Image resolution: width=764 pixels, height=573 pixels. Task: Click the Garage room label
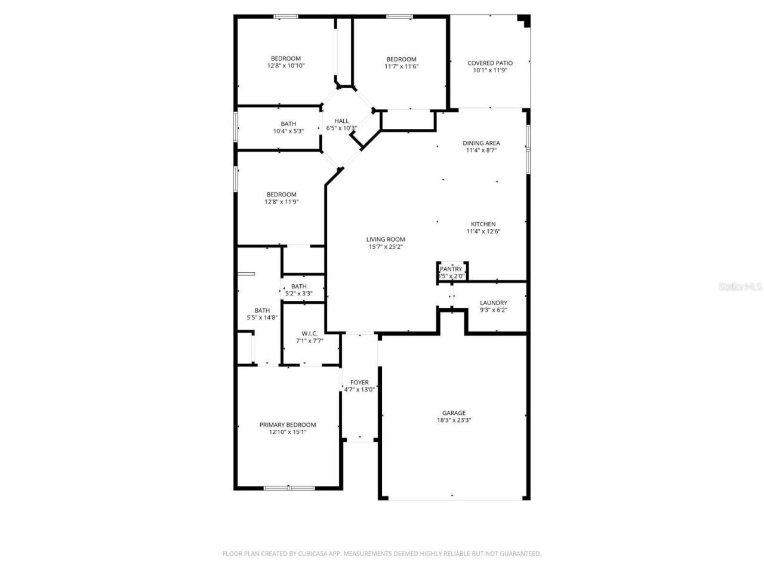click(x=454, y=413)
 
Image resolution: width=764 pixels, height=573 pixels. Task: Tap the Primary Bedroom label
click(x=287, y=425)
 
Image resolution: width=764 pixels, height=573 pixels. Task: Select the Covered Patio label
click(x=489, y=63)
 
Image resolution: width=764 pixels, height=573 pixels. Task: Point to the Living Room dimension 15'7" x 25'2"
click(x=386, y=247)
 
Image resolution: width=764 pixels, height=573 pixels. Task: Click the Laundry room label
click(x=493, y=303)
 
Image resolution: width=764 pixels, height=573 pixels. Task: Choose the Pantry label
click(x=451, y=269)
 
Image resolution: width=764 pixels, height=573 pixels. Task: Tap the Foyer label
click(x=359, y=383)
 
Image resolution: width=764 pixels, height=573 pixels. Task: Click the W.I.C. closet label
click(x=309, y=334)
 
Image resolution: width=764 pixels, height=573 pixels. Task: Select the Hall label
click(x=341, y=121)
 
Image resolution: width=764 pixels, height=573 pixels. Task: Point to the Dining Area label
click(x=481, y=143)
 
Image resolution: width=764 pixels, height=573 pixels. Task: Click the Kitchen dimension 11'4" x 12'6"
click(x=483, y=232)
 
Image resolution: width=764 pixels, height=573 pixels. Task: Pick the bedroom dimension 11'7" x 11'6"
click(x=401, y=67)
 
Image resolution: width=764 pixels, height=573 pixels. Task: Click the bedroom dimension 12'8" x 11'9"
click(x=281, y=202)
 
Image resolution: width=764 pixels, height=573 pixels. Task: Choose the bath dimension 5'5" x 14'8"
click(x=262, y=318)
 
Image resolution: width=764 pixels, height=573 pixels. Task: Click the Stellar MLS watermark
click(x=740, y=287)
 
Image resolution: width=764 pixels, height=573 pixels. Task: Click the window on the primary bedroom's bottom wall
click(x=289, y=488)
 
